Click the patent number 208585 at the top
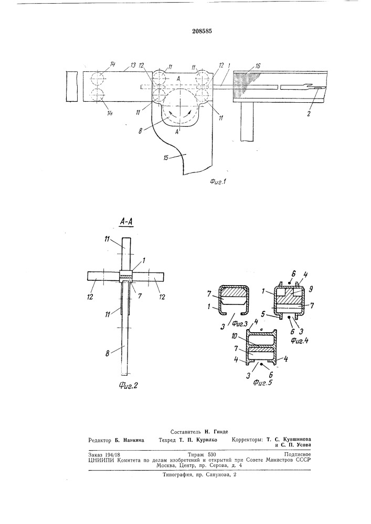(x=203, y=31)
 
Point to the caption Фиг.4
(x=299, y=341)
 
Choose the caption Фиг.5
(x=262, y=383)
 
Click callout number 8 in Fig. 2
(x=108, y=353)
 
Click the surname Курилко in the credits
(x=206, y=440)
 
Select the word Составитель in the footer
(x=185, y=432)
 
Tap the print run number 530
(x=212, y=455)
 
